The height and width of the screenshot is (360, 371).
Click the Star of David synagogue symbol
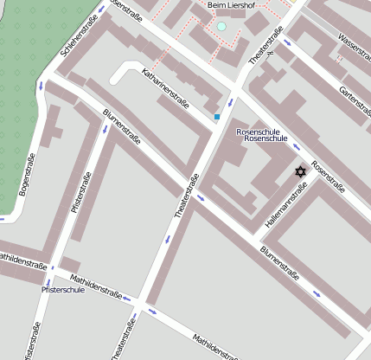click(x=301, y=171)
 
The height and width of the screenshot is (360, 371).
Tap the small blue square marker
click(x=217, y=116)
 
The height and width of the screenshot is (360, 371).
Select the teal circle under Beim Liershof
click(x=221, y=27)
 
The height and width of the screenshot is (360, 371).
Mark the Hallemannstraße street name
click(x=286, y=209)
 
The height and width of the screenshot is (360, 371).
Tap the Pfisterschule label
click(x=62, y=290)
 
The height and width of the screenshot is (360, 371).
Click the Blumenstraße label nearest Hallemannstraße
click(x=279, y=264)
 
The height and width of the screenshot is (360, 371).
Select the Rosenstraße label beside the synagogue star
click(x=328, y=176)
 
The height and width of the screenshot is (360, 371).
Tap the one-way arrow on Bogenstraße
click(x=40, y=86)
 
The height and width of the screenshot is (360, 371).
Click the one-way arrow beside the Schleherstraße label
click(x=100, y=9)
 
